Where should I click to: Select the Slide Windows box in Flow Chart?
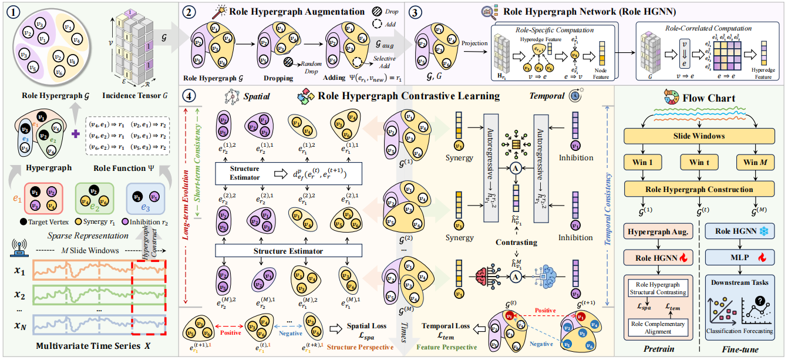click(x=699, y=136)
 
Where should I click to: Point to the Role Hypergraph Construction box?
click(x=699, y=190)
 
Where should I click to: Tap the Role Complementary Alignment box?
click(x=656, y=328)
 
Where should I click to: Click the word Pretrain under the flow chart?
click(x=658, y=349)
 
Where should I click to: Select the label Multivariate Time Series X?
click(x=89, y=346)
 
